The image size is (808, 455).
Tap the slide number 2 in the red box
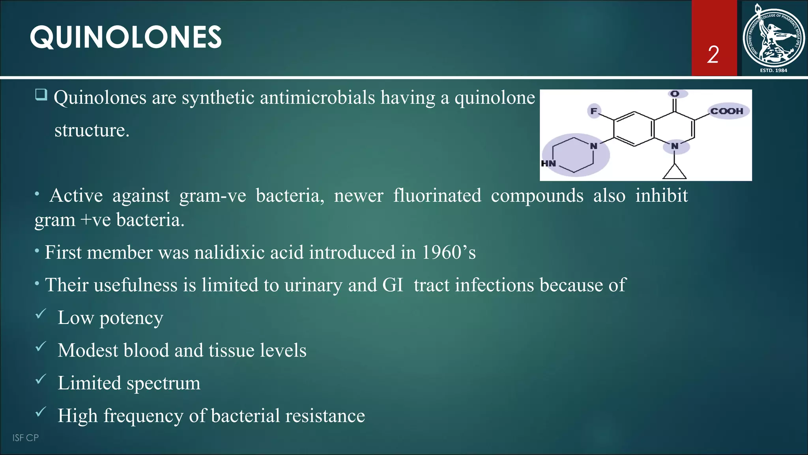(713, 55)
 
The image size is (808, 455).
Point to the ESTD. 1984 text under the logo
(773, 70)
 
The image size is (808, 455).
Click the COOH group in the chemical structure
(727, 111)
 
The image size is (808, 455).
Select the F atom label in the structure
(593, 111)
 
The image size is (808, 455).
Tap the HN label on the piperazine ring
(548, 163)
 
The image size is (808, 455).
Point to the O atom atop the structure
(675, 94)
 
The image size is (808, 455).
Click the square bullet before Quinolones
(41, 95)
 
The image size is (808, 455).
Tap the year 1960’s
(449, 252)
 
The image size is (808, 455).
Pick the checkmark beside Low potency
(41, 314)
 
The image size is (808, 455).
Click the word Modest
(88, 350)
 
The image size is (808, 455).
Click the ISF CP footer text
(26, 438)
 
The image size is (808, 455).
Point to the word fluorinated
(437, 196)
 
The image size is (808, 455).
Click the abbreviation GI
(393, 285)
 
